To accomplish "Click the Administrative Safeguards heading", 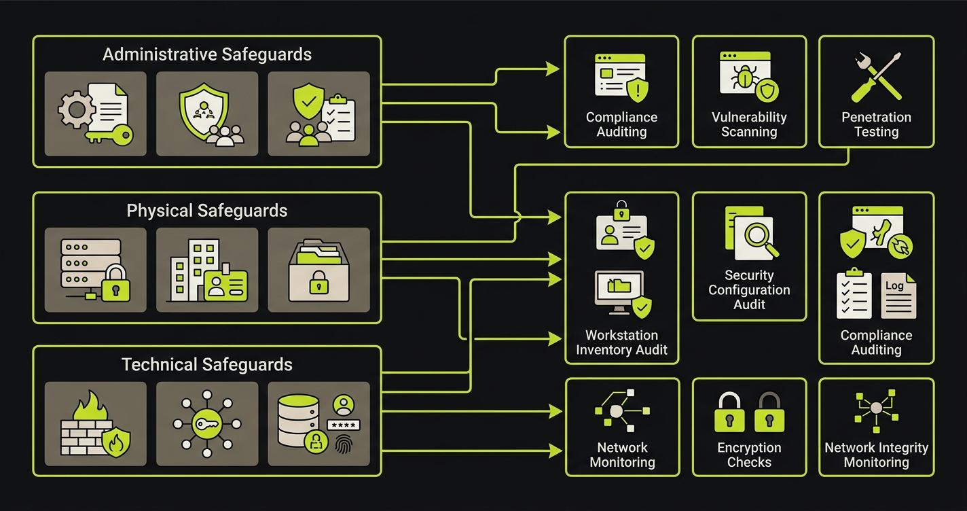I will (206, 54).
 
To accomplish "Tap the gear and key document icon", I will (95, 113).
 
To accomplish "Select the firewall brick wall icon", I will (95, 423).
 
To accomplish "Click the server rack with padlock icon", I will (95, 270).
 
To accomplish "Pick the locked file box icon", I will (318, 270).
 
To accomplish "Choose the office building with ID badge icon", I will (207, 270).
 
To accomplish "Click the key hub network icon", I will (207, 423).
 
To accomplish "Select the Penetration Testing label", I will (876, 124).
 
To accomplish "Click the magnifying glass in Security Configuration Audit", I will (759, 238).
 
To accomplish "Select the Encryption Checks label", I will (749, 455).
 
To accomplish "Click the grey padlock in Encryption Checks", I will (769, 412).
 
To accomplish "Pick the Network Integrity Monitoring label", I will (876, 455).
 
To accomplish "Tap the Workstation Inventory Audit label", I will (621, 342).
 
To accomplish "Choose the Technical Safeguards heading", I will (206, 364).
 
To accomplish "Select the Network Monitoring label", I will (622, 455).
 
